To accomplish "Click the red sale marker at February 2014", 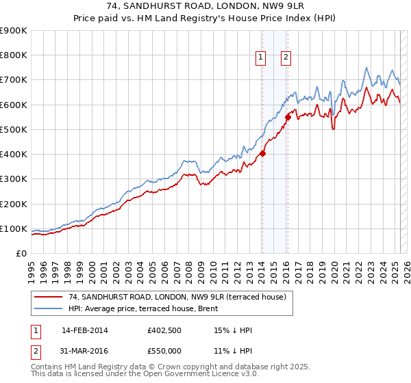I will (262, 153).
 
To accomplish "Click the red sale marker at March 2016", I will (288, 117).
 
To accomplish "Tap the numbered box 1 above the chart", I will (262, 58).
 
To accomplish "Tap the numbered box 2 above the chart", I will (285, 58).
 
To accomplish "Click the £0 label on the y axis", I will (21, 254).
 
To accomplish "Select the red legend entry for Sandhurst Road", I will (181, 296).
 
